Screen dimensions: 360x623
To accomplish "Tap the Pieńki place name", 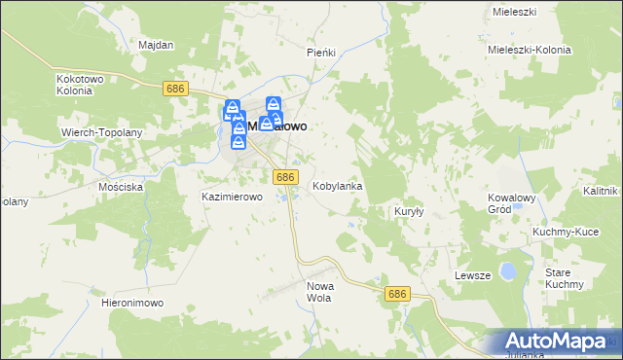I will (x=320, y=53).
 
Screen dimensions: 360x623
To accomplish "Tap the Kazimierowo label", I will (x=233, y=197).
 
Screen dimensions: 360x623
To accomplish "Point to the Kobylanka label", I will (x=338, y=186).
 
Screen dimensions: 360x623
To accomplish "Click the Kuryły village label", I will (x=407, y=211).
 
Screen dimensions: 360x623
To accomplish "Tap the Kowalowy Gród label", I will (x=512, y=202).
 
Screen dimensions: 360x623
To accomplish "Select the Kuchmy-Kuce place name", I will (x=565, y=233).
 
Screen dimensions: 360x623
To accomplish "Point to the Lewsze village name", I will (x=472, y=275).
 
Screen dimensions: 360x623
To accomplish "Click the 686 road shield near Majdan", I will (x=175, y=89).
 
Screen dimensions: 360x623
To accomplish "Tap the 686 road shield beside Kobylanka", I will (x=284, y=176).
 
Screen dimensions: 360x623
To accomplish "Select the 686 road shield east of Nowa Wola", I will (x=395, y=293).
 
